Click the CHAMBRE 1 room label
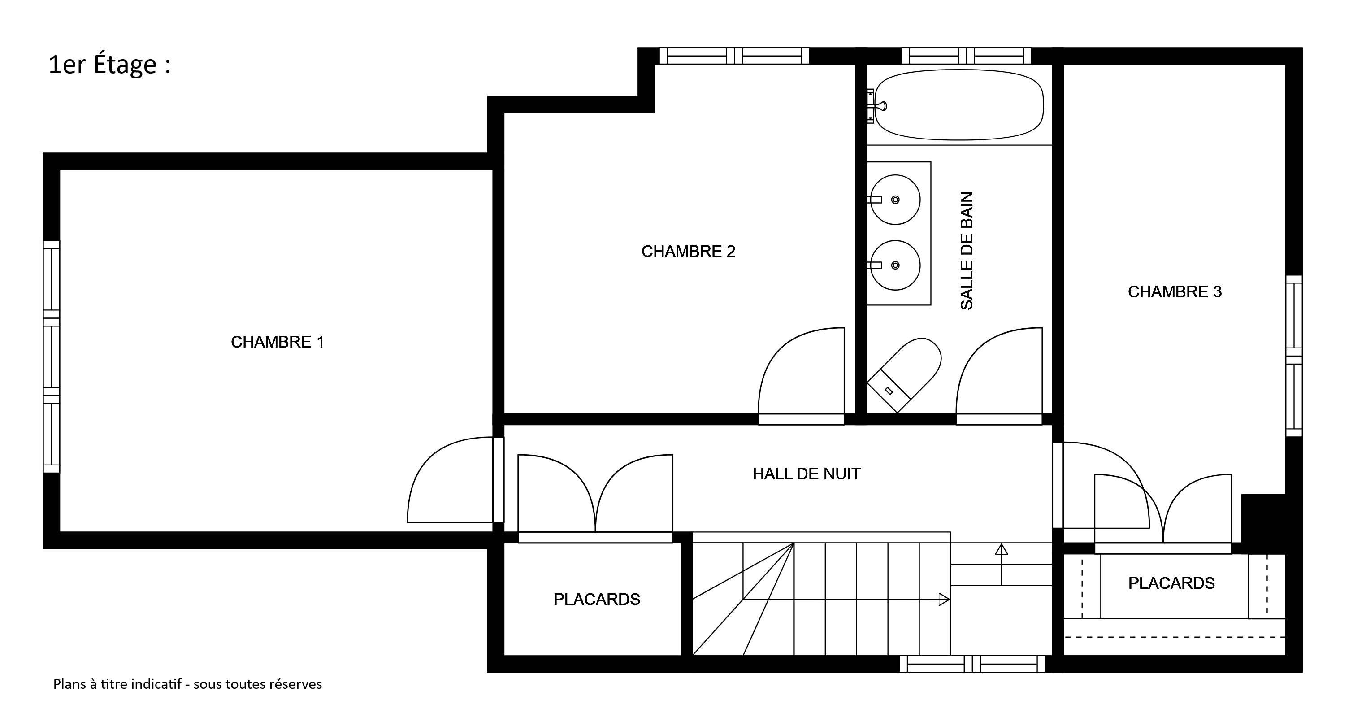tap(278, 342)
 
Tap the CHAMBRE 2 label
tap(688, 252)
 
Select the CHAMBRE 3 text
tap(1175, 292)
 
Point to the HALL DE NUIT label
tap(806, 474)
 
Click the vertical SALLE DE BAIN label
tap(967, 251)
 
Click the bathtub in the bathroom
tap(959, 105)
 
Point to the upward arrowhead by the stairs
tap(1002, 550)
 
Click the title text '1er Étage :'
tap(109, 65)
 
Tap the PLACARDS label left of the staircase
tap(597, 600)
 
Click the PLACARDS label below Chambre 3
tap(1171, 583)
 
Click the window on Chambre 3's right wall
tap(1294, 356)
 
